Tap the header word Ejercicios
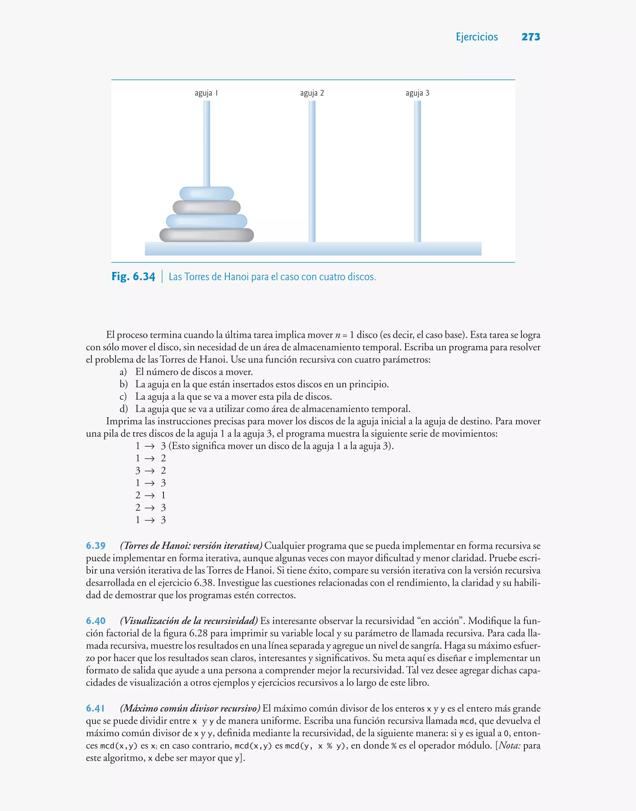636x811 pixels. click(x=477, y=37)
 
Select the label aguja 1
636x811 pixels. click(x=206, y=93)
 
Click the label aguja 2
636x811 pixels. click(x=312, y=93)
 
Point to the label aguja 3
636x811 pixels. click(x=417, y=93)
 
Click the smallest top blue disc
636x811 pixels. click(x=207, y=193)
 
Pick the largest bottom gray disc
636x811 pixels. click(x=207, y=235)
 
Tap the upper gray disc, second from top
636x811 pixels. click(x=207, y=207)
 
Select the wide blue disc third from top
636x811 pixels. click(x=207, y=221)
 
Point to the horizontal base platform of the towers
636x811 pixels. click(x=313, y=249)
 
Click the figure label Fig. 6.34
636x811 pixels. click(x=133, y=277)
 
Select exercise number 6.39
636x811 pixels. click(x=96, y=546)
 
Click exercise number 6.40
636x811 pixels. click(x=96, y=621)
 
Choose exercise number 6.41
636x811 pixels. click(x=95, y=708)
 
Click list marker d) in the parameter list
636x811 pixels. click(x=124, y=409)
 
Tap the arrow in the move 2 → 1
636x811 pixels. click(x=150, y=495)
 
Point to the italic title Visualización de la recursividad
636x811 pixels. click(x=189, y=621)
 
